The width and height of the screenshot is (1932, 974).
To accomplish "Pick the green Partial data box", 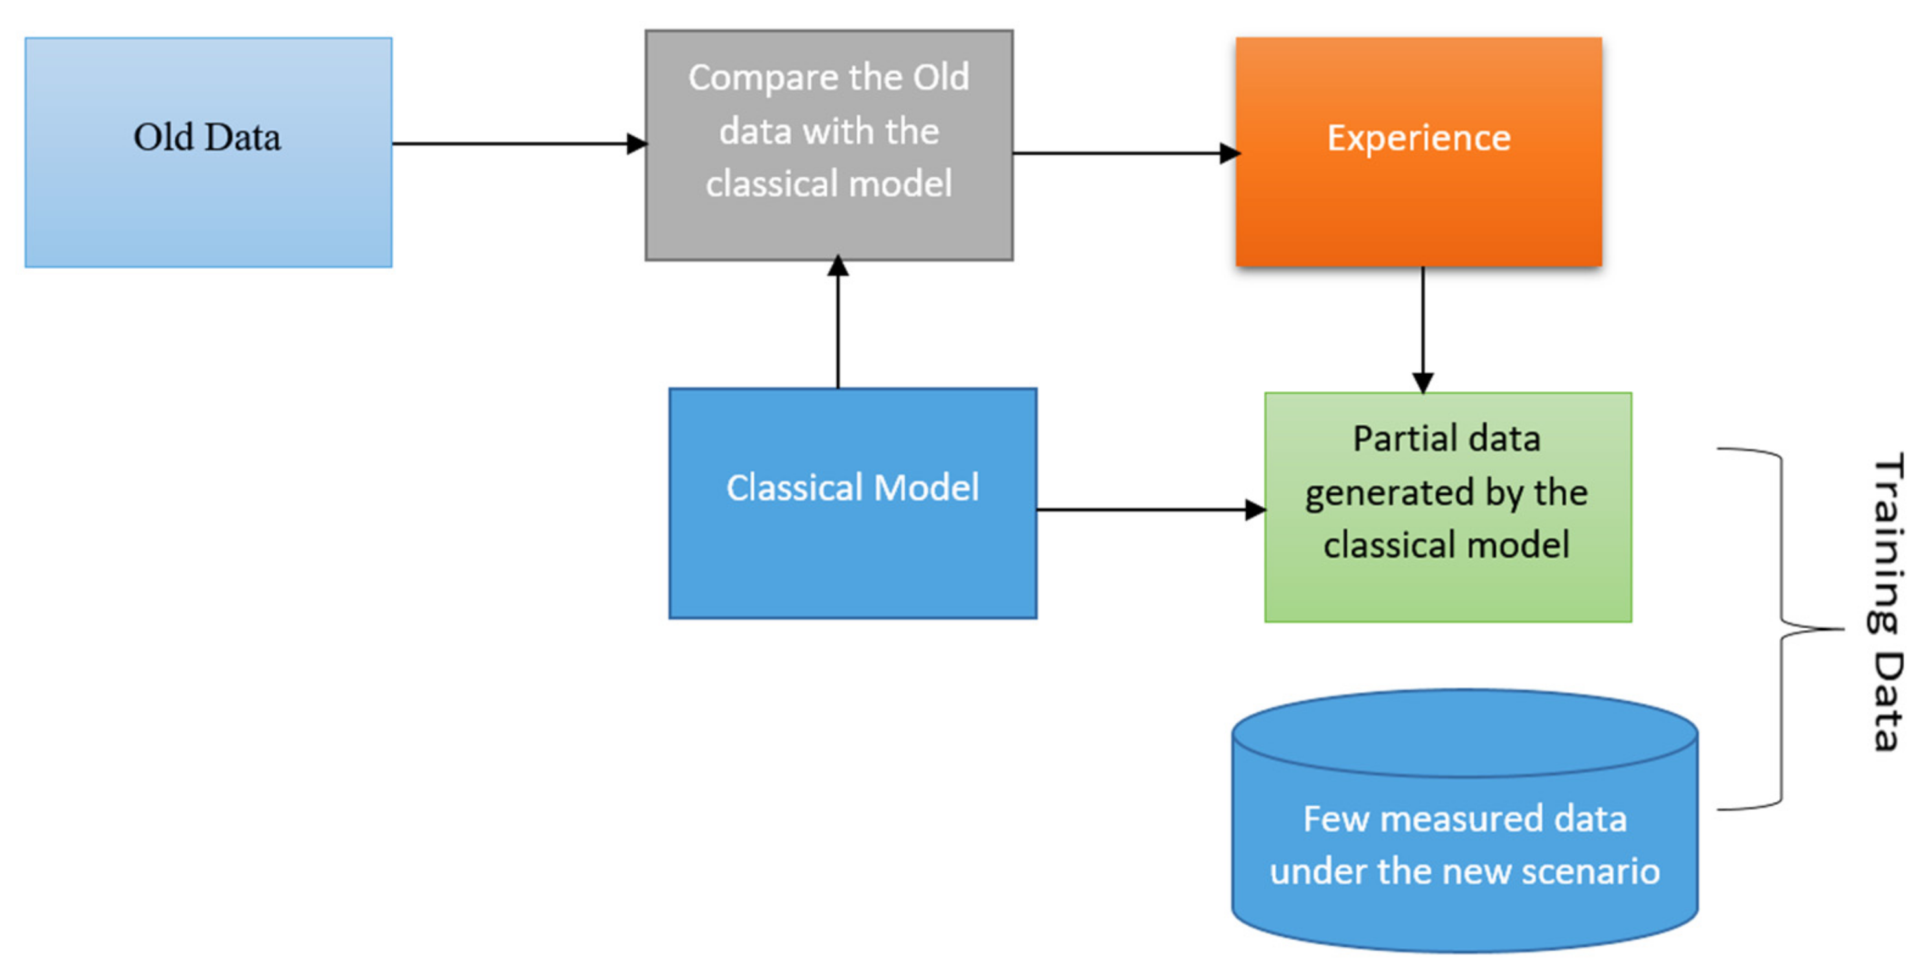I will tap(1448, 593).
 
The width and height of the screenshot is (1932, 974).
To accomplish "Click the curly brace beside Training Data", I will tap(1781, 629).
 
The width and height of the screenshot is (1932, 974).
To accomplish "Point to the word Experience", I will tap(1419, 138).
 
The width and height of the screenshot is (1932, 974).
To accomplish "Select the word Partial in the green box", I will tap(1398, 438).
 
